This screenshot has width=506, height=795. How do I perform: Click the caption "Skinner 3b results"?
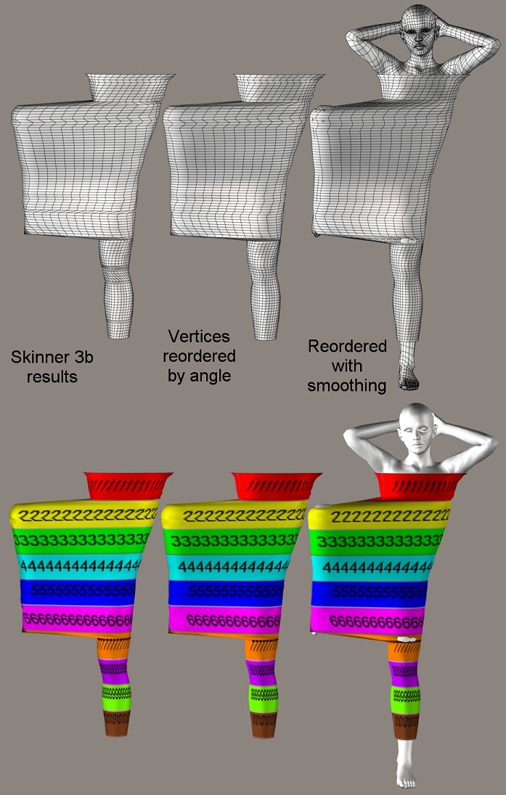pyautogui.click(x=52, y=367)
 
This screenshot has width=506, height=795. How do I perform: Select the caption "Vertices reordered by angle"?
pyautogui.click(x=199, y=355)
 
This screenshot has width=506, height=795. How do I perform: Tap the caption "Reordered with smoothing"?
pyautogui.click(x=347, y=365)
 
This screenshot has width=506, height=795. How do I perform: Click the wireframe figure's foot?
pyautogui.click(x=409, y=376)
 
